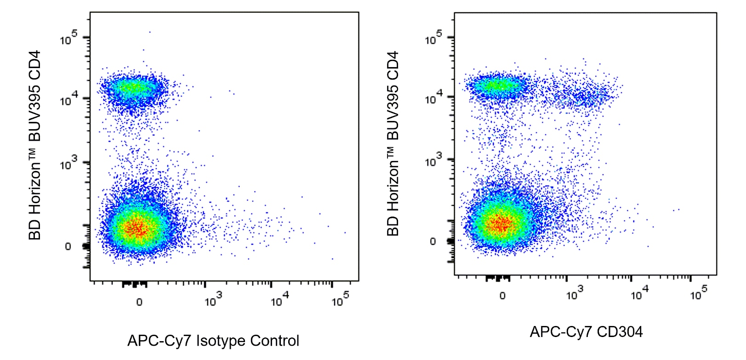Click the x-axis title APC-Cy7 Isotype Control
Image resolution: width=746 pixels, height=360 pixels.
(x=213, y=341)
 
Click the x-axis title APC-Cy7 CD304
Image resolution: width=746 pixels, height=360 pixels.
(x=586, y=332)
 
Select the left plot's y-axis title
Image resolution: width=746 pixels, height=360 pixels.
(x=35, y=145)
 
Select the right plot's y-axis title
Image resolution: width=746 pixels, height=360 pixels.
(x=393, y=143)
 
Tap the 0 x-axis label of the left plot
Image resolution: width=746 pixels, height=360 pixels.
(x=139, y=302)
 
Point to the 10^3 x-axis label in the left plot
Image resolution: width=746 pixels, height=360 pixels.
(x=213, y=300)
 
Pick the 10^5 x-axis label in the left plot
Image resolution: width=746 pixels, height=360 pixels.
(x=340, y=300)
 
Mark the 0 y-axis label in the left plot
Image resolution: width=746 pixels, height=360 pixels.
(x=68, y=246)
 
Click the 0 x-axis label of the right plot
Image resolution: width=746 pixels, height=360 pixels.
(x=502, y=295)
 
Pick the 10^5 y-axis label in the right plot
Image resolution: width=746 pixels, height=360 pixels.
(x=433, y=38)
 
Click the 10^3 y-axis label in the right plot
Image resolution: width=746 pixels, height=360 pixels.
(x=433, y=161)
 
